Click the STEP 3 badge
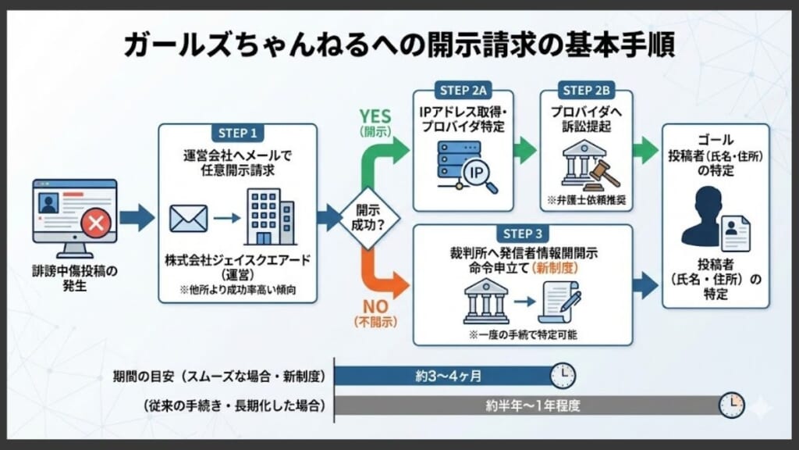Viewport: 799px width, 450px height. pos(522,233)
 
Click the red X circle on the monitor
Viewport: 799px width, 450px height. pos(97,226)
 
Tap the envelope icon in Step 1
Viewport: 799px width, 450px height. pos(188,219)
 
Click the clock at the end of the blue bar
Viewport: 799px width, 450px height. pos(562,375)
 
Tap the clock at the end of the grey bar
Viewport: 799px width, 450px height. pos(730,405)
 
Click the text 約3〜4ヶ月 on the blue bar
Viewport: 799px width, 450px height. pos(448,376)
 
